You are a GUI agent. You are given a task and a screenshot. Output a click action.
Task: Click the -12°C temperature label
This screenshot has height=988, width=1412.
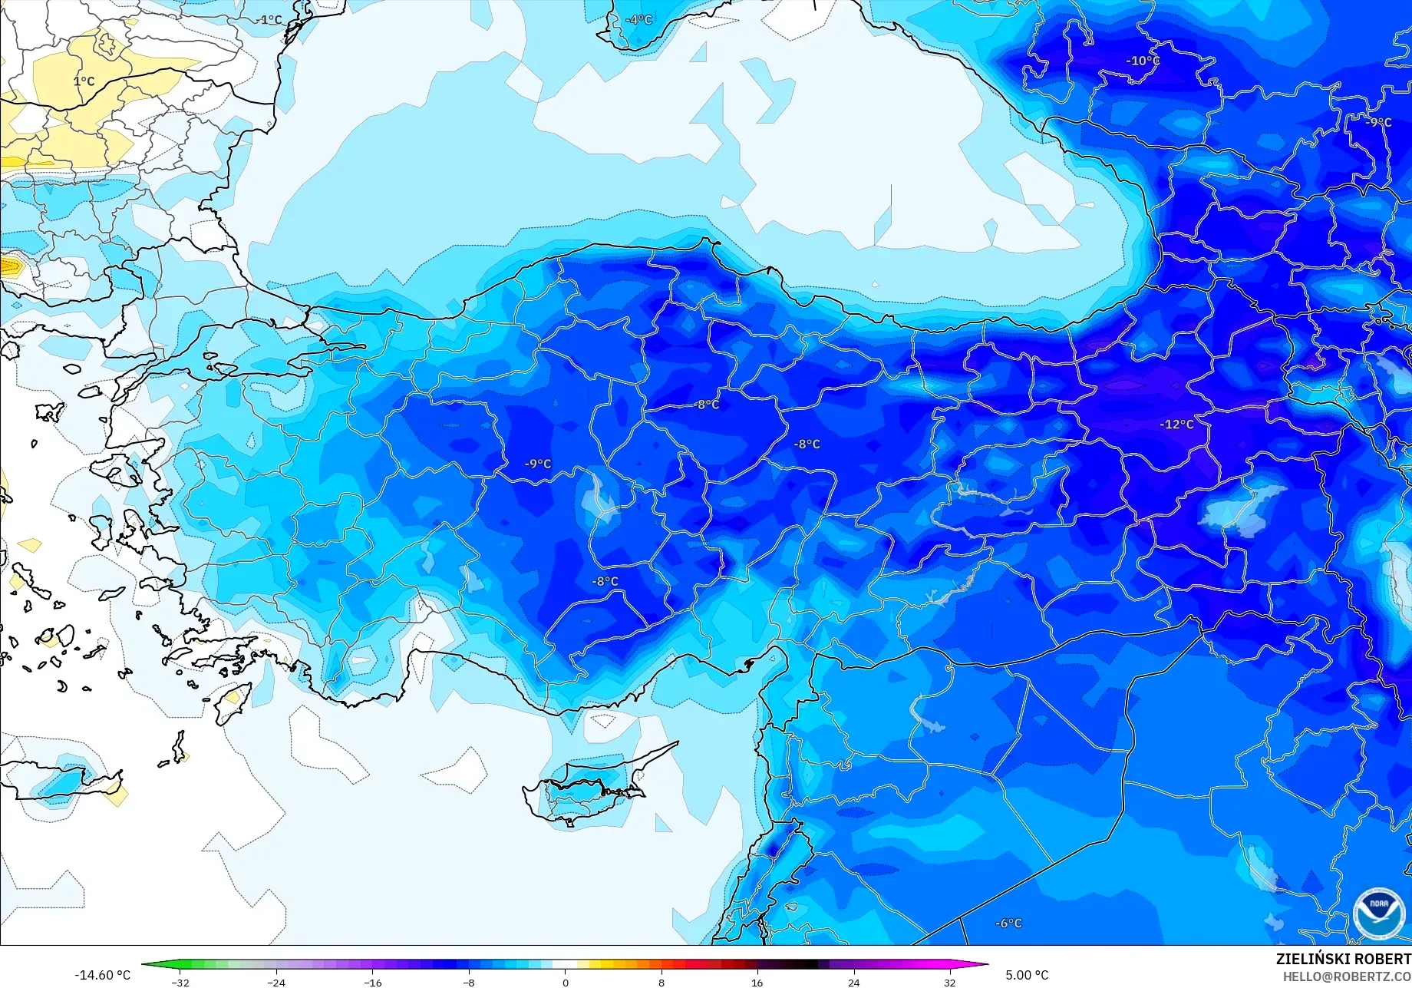pos(1176,424)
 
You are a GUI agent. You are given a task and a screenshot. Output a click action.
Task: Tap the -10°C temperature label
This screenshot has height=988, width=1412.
pos(1143,61)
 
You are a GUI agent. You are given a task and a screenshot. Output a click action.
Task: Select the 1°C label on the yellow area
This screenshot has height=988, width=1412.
pos(84,81)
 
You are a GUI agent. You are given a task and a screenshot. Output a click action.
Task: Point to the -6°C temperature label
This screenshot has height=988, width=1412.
pos(1008,923)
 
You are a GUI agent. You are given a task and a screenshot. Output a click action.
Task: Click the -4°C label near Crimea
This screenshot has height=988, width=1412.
pos(638,19)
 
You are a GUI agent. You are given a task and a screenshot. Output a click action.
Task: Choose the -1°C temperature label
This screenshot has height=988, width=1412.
pos(270,19)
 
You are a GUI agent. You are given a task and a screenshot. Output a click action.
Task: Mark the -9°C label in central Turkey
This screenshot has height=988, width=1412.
pos(538,464)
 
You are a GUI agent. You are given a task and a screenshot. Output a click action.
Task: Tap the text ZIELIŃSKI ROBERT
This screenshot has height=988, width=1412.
pos(1343,959)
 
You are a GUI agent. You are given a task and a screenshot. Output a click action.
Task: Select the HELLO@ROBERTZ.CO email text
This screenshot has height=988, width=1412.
pos(1347,976)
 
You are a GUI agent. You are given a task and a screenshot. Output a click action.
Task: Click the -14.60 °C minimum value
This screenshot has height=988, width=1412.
pos(102,975)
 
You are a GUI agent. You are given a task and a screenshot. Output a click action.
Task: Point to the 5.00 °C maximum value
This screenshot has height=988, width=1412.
pos(1027,975)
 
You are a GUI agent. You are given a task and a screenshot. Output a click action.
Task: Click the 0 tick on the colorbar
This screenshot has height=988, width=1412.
pos(566,983)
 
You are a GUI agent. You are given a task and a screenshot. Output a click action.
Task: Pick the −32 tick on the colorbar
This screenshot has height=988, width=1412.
pos(180,983)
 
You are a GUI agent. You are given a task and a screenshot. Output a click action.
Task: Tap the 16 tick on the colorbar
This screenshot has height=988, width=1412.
pos(757,983)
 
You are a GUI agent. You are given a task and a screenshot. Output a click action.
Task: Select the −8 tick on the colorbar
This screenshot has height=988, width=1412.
pos(469,983)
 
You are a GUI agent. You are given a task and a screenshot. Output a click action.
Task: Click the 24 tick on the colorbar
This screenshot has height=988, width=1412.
pos(853,983)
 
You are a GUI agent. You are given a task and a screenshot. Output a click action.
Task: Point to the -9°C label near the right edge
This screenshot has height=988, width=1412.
pos(1378,122)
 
